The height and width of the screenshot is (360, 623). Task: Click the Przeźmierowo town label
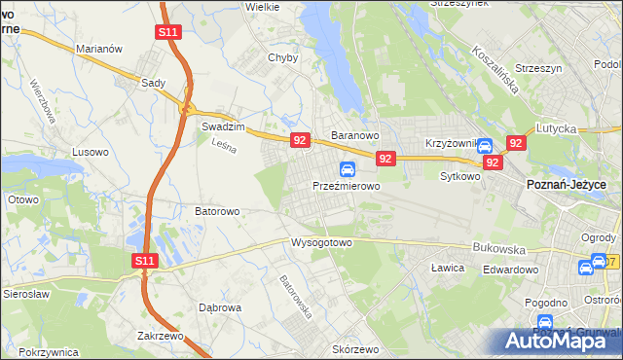tap(346, 185)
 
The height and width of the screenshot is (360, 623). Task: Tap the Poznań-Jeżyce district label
tap(567, 184)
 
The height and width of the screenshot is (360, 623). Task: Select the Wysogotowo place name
tap(320, 242)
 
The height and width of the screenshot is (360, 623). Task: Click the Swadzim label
tap(221, 126)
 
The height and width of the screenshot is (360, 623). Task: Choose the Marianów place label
tap(99, 48)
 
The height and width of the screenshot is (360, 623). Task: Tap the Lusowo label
tap(92, 152)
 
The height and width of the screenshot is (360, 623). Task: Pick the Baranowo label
tap(353, 135)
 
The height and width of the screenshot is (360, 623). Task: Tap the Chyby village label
tap(282, 57)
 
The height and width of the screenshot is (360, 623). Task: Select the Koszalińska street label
tap(495, 65)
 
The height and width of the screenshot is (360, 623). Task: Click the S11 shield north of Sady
tap(167, 32)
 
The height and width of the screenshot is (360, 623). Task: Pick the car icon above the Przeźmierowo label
tap(347, 168)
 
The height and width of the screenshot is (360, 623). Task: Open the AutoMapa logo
tap(562, 339)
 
